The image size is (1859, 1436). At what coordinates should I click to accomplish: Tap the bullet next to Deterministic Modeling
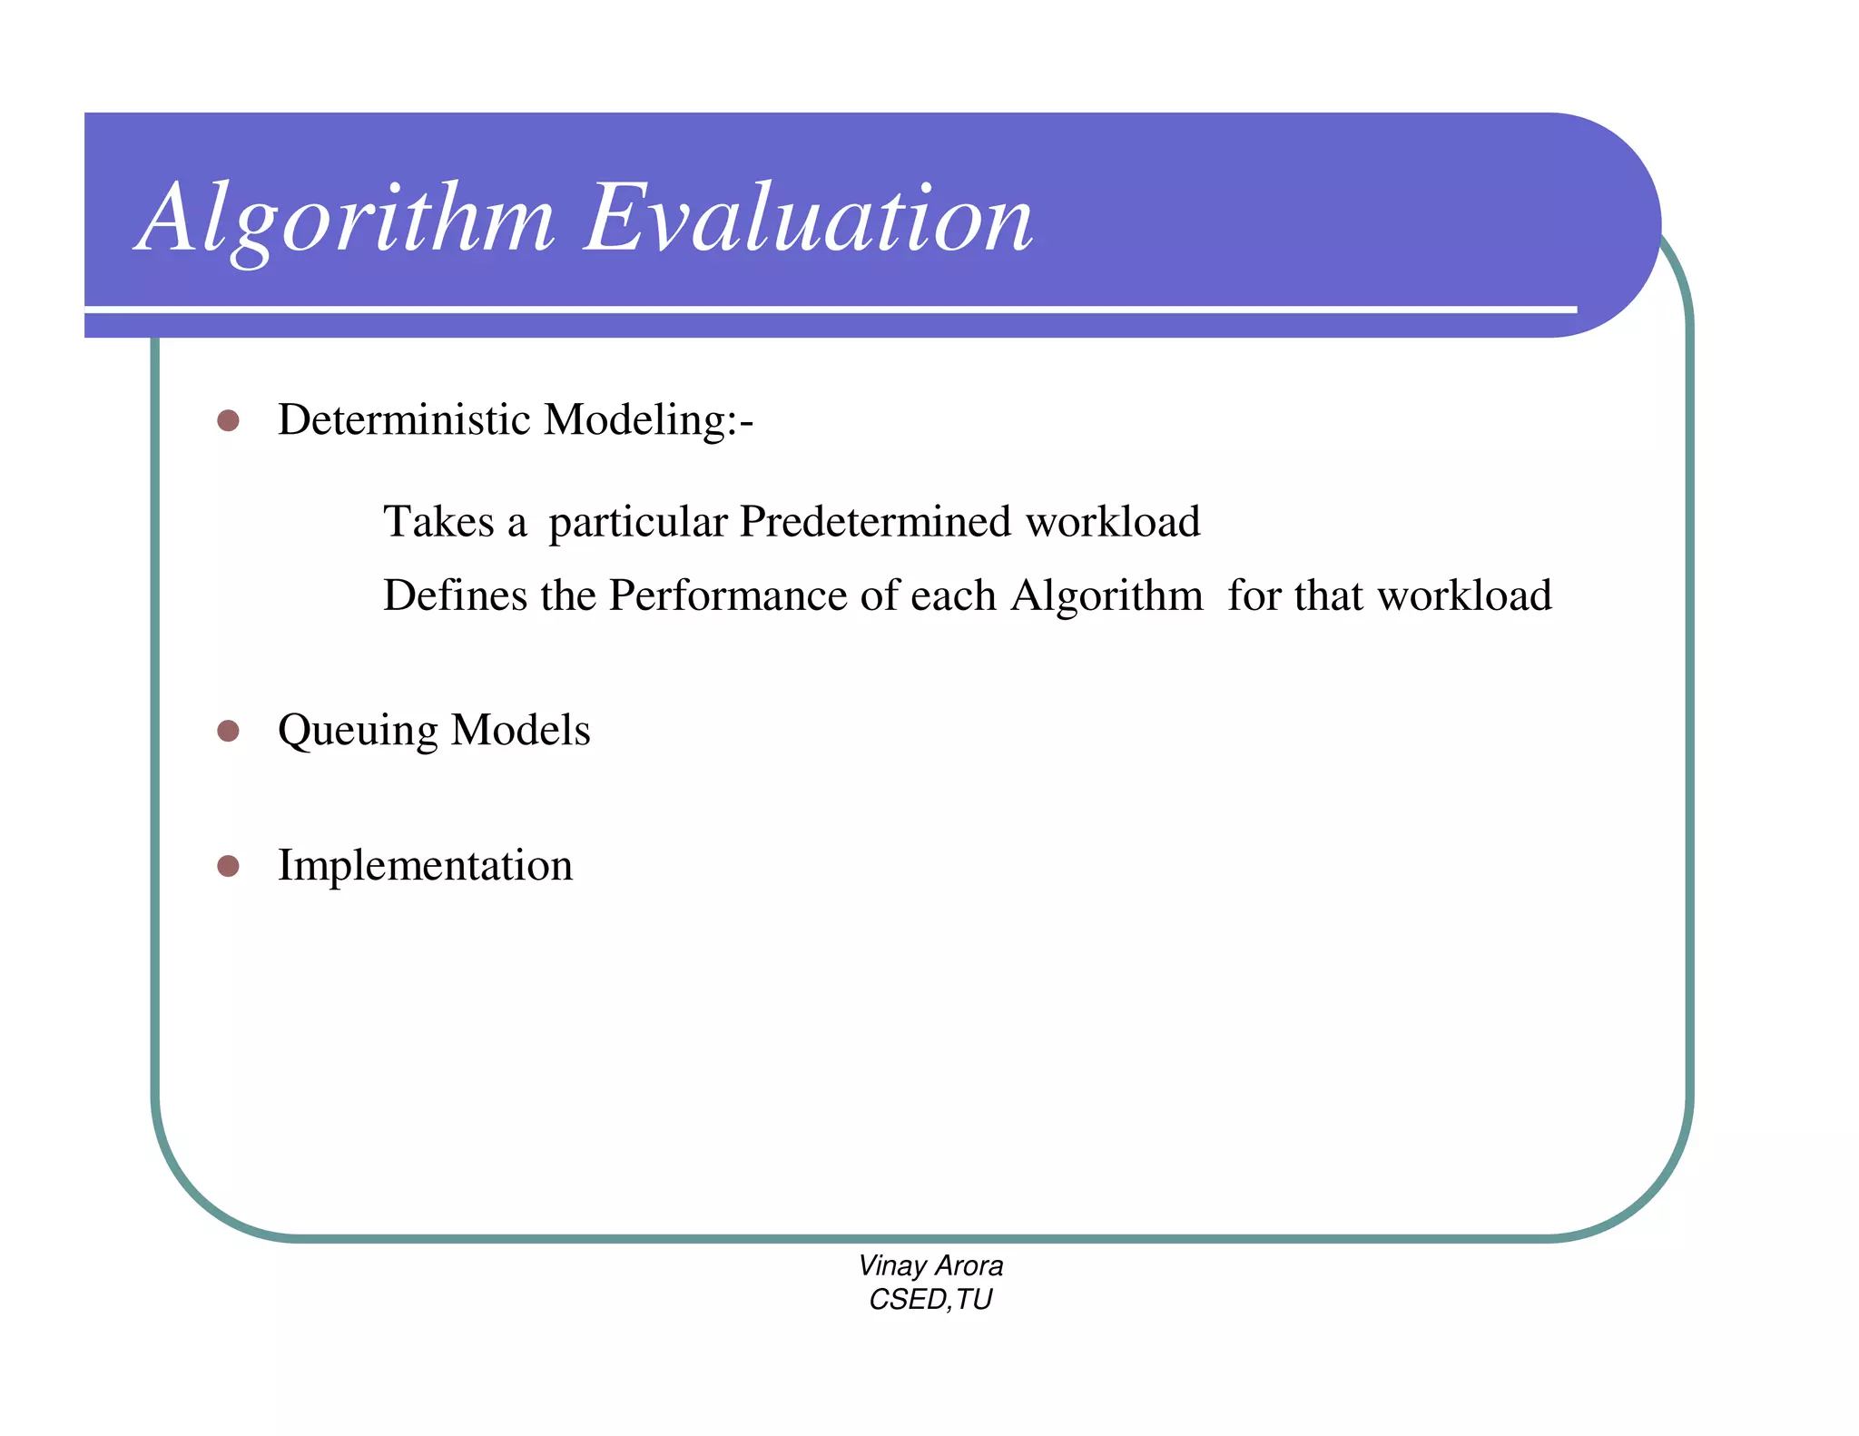click(x=228, y=420)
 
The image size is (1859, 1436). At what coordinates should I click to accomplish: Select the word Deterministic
click(x=404, y=420)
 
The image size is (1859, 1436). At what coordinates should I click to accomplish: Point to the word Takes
click(x=438, y=522)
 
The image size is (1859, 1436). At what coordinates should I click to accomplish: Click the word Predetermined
click(x=875, y=522)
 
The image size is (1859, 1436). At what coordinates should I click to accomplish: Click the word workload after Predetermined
click(x=1113, y=522)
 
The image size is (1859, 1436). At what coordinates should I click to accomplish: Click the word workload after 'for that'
click(x=1464, y=596)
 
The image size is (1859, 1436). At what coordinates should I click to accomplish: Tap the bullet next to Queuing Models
click(x=228, y=731)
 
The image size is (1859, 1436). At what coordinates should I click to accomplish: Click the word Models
click(x=520, y=731)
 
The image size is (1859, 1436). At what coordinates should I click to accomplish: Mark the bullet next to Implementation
click(x=228, y=866)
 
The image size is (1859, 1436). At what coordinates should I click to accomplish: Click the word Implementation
click(x=425, y=866)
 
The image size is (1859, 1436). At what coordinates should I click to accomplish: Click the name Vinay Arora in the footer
click(x=930, y=1265)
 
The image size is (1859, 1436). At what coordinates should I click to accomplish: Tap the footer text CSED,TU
click(x=930, y=1300)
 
